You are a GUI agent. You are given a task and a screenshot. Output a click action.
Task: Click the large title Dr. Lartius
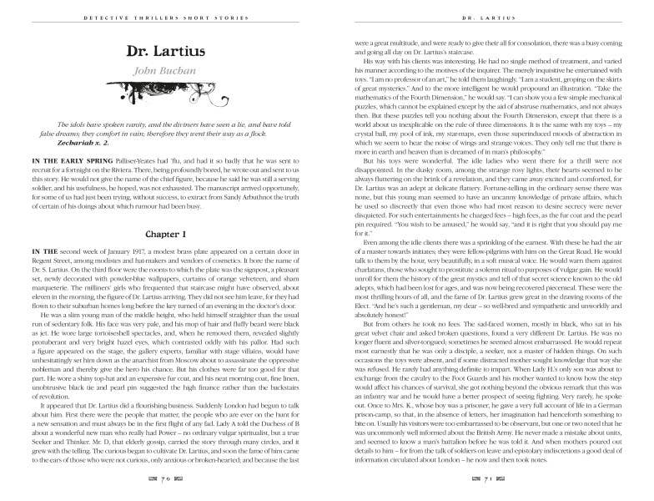(x=164, y=51)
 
